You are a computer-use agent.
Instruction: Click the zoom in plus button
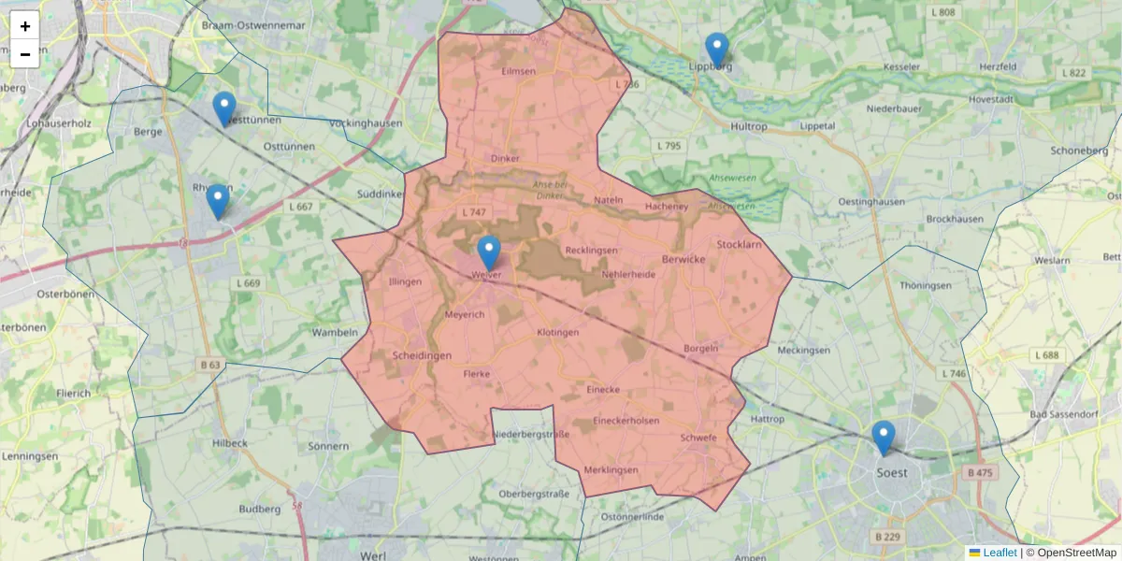[x=25, y=26]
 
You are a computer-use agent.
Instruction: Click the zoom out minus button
[x=25, y=54]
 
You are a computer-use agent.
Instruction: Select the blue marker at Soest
[x=883, y=438]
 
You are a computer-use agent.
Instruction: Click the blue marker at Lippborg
[x=717, y=50]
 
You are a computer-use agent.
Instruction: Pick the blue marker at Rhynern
[x=218, y=201]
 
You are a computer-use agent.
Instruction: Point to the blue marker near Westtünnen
[x=224, y=108]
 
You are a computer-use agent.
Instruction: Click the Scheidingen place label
[x=422, y=355]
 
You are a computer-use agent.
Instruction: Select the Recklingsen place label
[x=591, y=251]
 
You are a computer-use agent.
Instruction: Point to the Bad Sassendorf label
[x=1062, y=414]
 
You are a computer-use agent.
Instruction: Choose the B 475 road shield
[x=980, y=473]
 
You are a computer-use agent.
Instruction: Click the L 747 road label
[x=474, y=212]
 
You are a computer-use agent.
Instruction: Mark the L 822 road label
[x=1074, y=73]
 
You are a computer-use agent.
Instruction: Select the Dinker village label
[x=504, y=159]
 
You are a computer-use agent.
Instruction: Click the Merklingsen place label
[x=610, y=469]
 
